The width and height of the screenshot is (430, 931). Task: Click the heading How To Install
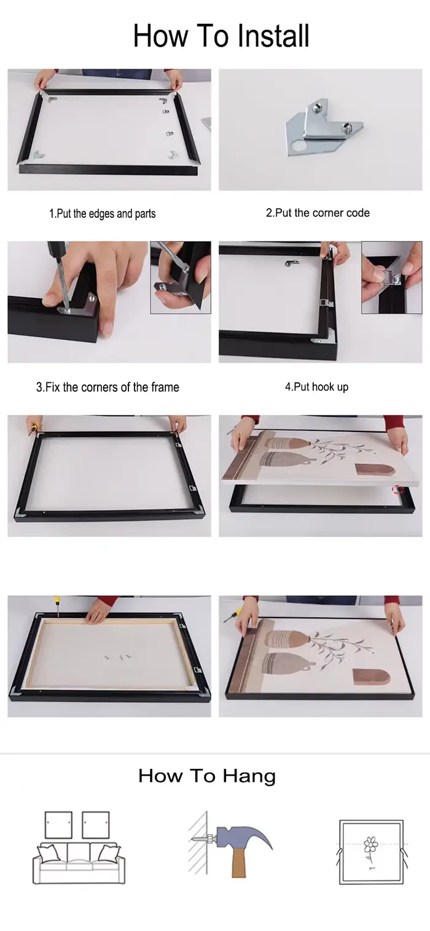click(221, 36)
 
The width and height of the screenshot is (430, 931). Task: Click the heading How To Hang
click(206, 776)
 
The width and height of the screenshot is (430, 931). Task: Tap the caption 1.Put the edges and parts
click(103, 214)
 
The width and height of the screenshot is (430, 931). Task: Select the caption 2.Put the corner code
click(318, 213)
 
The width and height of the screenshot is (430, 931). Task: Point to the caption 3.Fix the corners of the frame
click(107, 387)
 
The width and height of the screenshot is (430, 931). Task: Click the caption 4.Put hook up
click(316, 387)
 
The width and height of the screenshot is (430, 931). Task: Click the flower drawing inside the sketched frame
click(370, 848)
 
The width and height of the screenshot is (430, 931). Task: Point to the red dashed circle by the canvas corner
click(399, 490)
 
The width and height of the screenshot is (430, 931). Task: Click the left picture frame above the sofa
click(58, 825)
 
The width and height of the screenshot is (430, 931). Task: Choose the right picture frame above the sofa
click(96, 825)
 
